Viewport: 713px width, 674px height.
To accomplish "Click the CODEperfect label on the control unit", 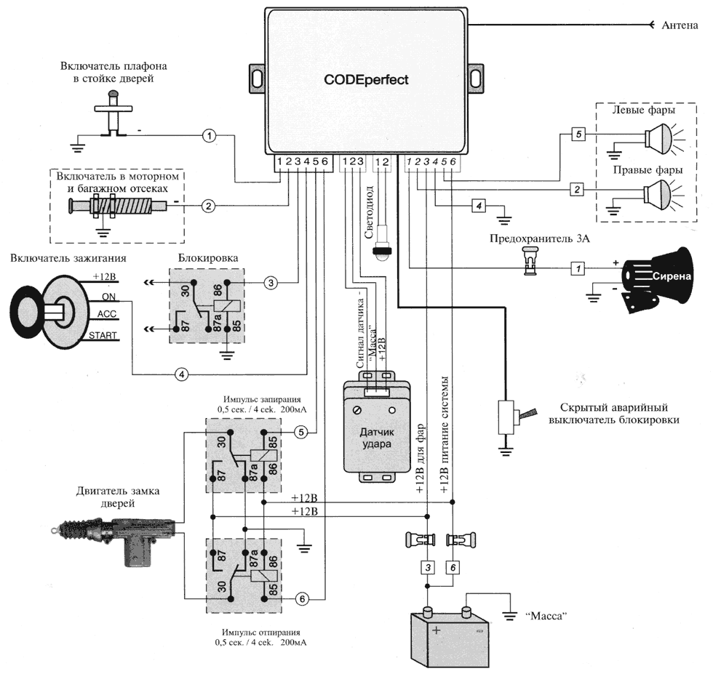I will [366, 79].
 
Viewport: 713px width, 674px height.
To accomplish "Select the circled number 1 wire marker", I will [210, 135].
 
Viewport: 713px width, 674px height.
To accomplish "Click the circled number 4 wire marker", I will [182, 374].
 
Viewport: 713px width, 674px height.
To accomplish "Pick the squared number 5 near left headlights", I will [577, 135].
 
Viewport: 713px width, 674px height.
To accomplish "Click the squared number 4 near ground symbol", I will [478, 206].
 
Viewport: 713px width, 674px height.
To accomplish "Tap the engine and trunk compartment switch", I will [116, 206].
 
